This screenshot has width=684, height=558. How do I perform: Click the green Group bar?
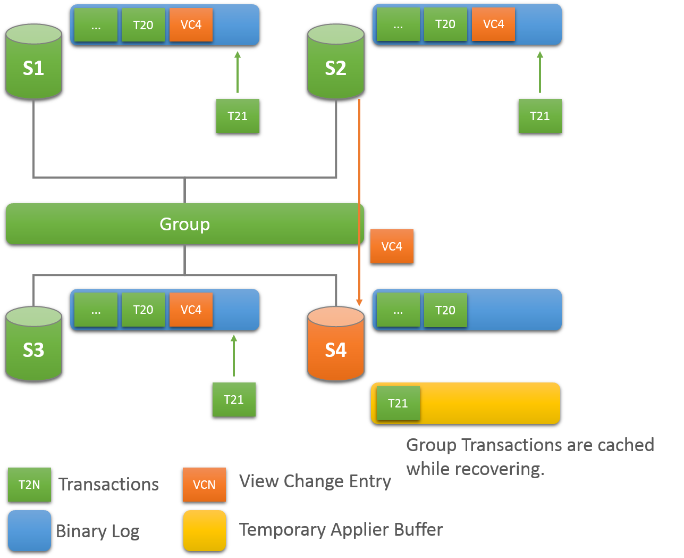pyautogui.click(x=184, y=224)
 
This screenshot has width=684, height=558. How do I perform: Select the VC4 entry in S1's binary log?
pyautogui.click(x=191, y=25)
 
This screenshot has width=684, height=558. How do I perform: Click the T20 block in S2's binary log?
pyautogui.click(x=445, y=24)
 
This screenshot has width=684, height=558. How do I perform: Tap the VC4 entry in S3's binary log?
pyautogui.click(x=191, y=310)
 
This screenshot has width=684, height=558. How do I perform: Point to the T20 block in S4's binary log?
pyautogui.click(x=445, y=310)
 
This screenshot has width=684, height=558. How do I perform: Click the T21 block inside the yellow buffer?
pyautogui.click(x=398, y=403)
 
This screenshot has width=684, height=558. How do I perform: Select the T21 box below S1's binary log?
pyautogui.click(x=238, y=116)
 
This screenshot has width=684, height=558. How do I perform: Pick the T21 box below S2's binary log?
pyautogui.click(x=539, y=116)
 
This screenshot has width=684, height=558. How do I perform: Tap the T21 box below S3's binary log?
pyautogui.click(x=234, y=399)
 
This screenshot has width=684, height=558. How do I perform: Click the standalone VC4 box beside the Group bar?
pyautogui.click(x=392, y=246)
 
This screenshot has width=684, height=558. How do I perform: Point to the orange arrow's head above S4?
pyautogui.click(x=359, y=302)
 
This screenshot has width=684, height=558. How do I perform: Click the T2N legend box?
pyautogui.click(x=29, y=485)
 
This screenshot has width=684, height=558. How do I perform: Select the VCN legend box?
pyautogui.click(x=204, y=485)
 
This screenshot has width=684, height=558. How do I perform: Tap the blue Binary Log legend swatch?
pyautogui.click(x=29, y=530)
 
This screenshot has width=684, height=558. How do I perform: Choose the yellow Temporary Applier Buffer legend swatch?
pyautogui.click(x=205, y=530)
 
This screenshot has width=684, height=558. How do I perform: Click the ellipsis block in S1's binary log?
pyautogui.click(x=96, y=25)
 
